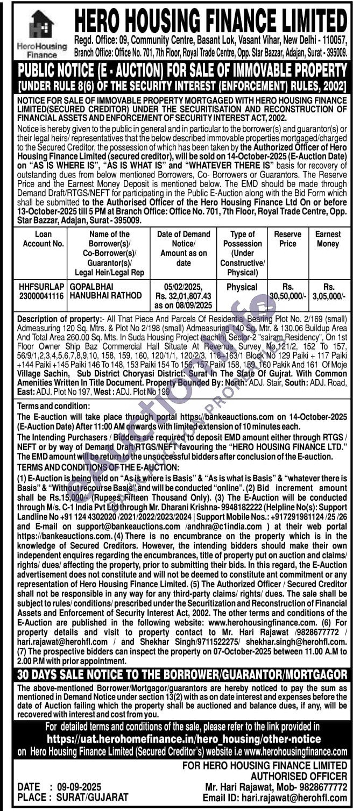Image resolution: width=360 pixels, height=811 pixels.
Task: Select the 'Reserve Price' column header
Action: (x=288, y=239)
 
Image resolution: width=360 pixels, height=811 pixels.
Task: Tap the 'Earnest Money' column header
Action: (x=328, y=239)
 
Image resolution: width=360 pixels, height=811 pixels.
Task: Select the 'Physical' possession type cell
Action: (x=242, y=287)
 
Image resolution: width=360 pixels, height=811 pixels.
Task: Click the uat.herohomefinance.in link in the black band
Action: (x=183, y=739)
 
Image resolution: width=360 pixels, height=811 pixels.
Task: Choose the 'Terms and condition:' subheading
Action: (x=51, y=407)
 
